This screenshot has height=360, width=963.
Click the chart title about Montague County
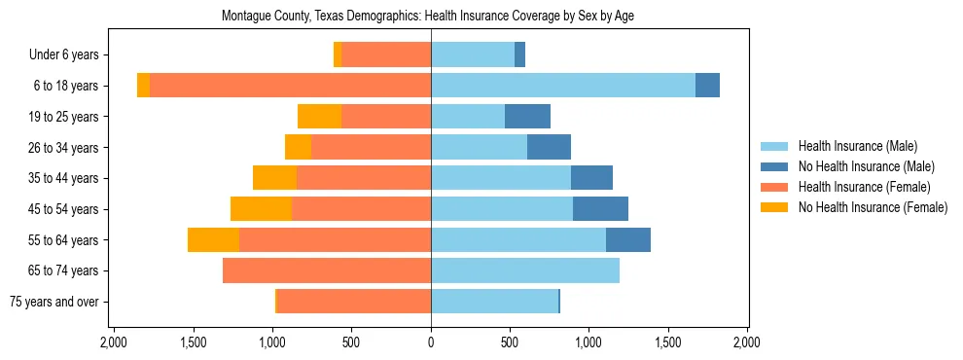(x=428, y=17)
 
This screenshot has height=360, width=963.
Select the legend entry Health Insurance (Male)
(x=857, y=146)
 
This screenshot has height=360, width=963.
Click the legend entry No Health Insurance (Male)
(x=866, y=166)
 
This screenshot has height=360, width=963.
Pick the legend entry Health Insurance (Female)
(x=864, y=187)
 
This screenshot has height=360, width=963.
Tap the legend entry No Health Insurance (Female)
(x=873, y=207)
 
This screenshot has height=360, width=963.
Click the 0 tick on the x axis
(x=431, y=342)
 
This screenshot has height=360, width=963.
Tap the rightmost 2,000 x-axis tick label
(x=747, y=342)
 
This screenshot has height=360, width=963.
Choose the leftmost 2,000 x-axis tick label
(x=114, y=342)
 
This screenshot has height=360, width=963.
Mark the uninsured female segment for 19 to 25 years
(x=319, y=117)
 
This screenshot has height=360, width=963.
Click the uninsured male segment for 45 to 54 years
(x=600, y=209)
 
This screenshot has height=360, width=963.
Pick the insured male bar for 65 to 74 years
(x=525, y=270)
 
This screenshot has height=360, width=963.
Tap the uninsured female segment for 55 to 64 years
(x=213, y=240)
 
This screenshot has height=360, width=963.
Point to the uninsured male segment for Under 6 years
(x=519, y=55)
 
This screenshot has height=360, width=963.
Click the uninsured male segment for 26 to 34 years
(x=549, y=148)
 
